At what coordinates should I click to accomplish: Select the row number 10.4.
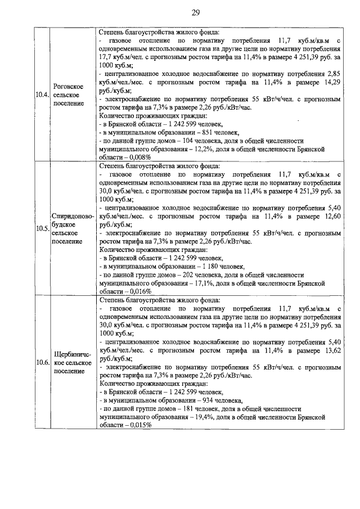[x=41, y=94]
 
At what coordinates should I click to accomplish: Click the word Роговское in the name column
[x=68, y=86]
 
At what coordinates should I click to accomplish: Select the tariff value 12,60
[x=332, y=215]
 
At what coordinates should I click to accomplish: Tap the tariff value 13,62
[x=332, y=349]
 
